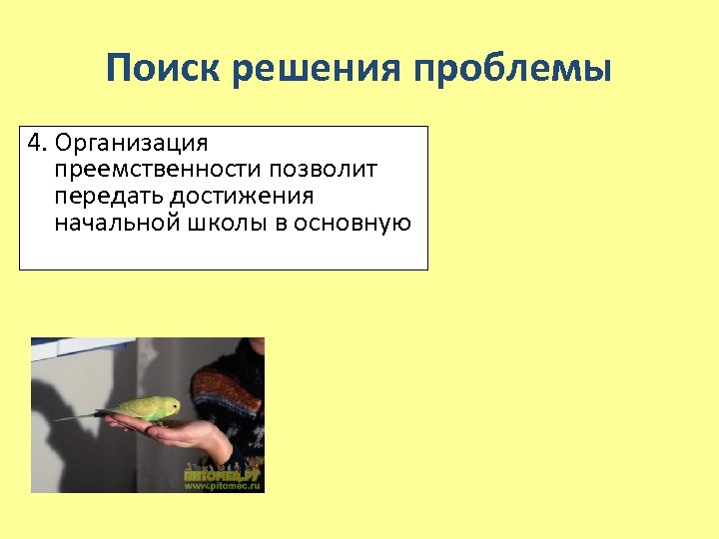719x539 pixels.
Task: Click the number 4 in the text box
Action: (36, 144)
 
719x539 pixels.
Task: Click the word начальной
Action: (114, 223)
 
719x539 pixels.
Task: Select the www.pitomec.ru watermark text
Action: (222, 485)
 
